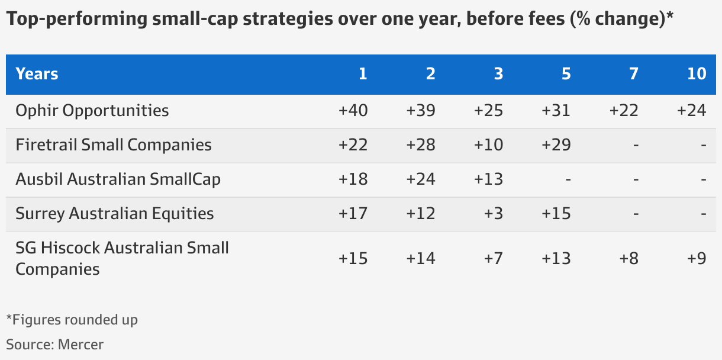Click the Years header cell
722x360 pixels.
point(37,74)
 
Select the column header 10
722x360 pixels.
point(697,74)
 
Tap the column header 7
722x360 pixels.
point(634,74)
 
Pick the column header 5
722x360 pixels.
point(566,74)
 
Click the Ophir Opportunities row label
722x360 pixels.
point(92,111)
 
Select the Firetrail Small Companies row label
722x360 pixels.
point(113,145)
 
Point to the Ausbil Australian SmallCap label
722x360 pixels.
point(118,179)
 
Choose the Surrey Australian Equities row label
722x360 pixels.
point(114,214)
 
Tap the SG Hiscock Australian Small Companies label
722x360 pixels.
point(122,258)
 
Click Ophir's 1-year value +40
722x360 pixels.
point(353,111)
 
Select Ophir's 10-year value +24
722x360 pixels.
point(692,111)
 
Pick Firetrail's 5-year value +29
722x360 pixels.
point(556,145)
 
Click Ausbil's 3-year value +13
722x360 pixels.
point(488,179)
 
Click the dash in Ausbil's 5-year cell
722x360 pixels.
point(567,179)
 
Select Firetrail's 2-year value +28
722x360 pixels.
point(421,145)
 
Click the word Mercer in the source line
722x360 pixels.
point(80,345)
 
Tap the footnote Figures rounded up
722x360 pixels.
point(75,320)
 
